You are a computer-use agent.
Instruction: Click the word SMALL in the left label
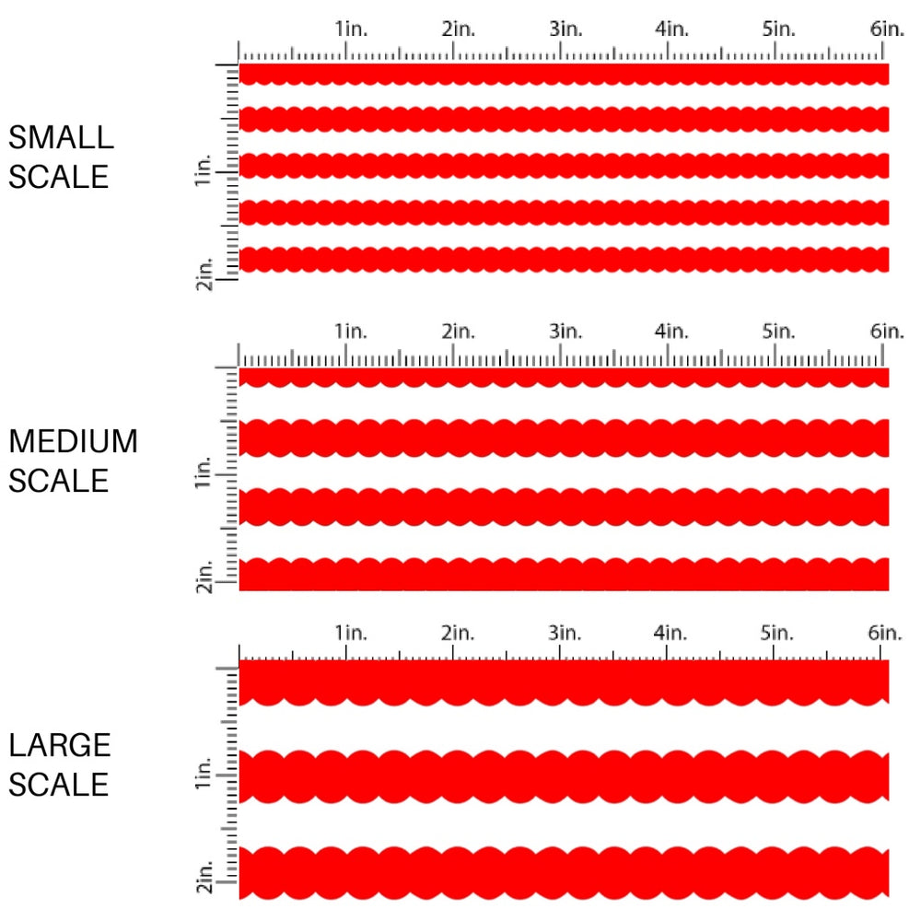pos(61,138)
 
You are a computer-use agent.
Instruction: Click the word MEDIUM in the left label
pos(73,442)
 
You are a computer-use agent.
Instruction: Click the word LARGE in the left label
pos(60,746)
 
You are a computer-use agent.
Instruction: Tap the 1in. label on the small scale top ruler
pos(350,29)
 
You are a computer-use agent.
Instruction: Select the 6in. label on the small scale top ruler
pos(887,29)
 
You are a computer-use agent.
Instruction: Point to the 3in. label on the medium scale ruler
pos(565,331)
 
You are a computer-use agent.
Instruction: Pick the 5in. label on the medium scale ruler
pos(778,331)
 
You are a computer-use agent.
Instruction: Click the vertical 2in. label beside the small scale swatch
pos(204,275)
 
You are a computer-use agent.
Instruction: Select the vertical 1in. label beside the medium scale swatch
pos(204,474)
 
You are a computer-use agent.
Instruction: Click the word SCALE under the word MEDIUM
pos(59,481)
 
